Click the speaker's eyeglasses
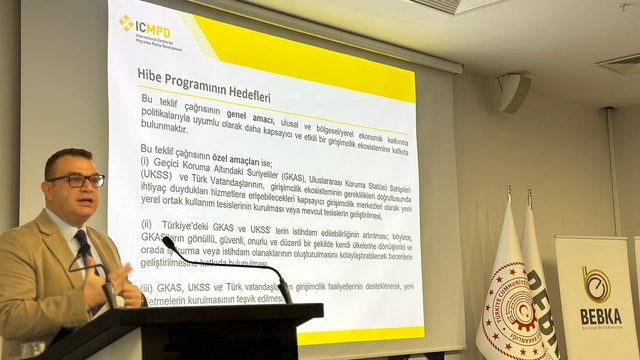click(x=77, y=181)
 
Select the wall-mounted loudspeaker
click(x=513, y=92)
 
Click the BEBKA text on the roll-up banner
click(x=599, y=315)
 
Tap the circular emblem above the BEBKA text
click(x=597, y=284)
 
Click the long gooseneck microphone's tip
click(x=169, y=242)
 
